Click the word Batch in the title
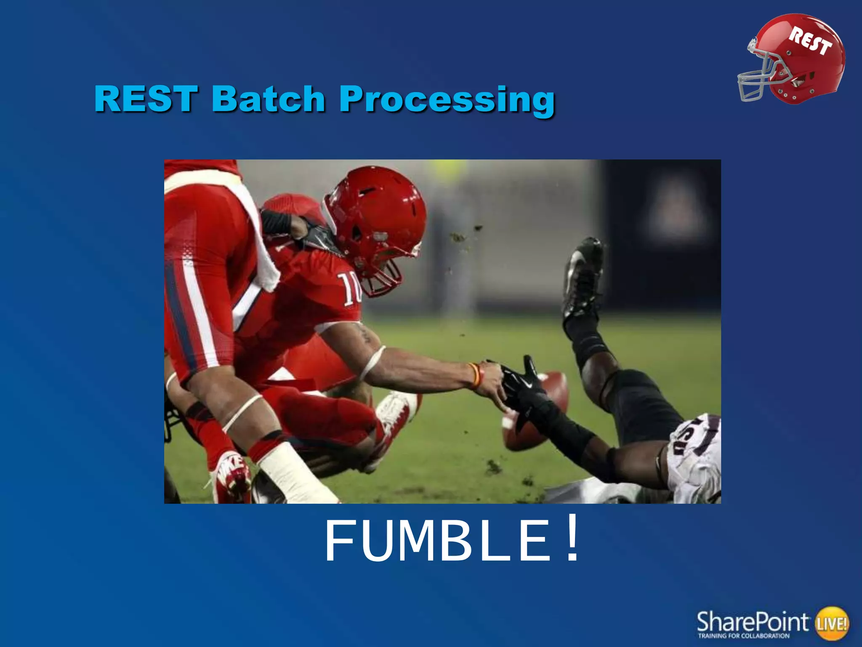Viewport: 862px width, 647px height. coord(268,99)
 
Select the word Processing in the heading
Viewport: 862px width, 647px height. coord(447,99)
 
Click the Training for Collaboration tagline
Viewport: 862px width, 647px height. coord(744,636)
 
